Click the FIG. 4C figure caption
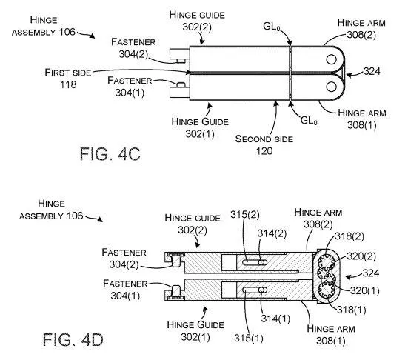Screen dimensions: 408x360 tap(110, 153)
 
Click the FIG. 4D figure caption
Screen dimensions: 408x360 tap(73, 339)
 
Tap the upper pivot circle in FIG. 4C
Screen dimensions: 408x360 tap(331, 59)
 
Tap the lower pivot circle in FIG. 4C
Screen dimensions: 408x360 tap(331, 87)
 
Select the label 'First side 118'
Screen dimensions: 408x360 tap(68, 79)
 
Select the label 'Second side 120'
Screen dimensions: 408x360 tap(264, 144)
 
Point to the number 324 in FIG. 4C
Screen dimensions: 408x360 tap(372, 71)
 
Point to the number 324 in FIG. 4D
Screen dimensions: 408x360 tap(371, 273)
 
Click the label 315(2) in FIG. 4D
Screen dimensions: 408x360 tap(245, 215)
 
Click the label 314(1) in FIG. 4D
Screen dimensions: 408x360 tap(275, 318)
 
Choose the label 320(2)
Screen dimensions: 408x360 tap(361, 256)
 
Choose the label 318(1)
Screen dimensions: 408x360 tap(352, 310)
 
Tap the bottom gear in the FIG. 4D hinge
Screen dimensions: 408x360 tap(327, 290)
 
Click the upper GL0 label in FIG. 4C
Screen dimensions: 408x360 tap(272, 26)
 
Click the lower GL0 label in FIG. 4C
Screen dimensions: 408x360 tap(309, 120)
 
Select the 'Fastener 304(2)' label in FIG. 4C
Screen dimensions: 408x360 tap(133, 48)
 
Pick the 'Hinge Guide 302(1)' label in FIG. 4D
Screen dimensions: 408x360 tap(195, 330)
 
